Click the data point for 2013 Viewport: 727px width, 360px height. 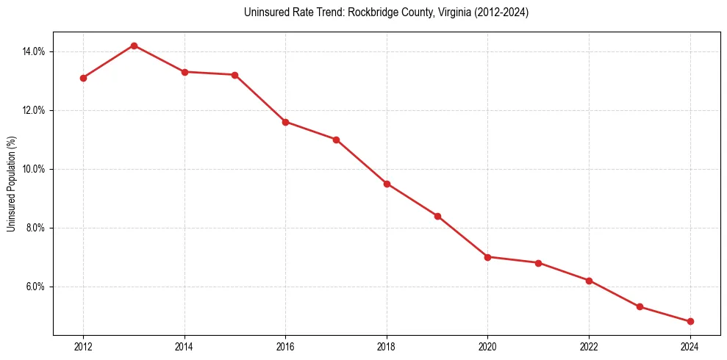tap(134, 46)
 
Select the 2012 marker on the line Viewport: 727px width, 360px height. tap(83, 78)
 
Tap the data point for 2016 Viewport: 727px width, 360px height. tap(285, 122)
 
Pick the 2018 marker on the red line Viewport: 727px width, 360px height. tap(387, 184)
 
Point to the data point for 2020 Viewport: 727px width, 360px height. tap(487, 257)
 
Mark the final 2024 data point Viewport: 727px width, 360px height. tap(690, 322)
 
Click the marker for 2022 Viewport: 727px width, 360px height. tap(589, 281)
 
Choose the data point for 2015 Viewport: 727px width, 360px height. tap(234, 75)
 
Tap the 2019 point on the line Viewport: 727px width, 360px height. tap(437, 216)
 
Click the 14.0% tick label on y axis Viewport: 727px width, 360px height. tap(35, 51)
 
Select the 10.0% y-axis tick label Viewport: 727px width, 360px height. tap(35, 169)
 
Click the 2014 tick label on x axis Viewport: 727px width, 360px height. tap(185, 347)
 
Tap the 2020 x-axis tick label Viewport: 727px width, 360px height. tap(487, 347)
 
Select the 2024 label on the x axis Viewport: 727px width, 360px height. tap(690, 347)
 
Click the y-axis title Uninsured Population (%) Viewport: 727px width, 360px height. tap(11, 184)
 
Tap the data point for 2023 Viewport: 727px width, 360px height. tap(640, 307)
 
